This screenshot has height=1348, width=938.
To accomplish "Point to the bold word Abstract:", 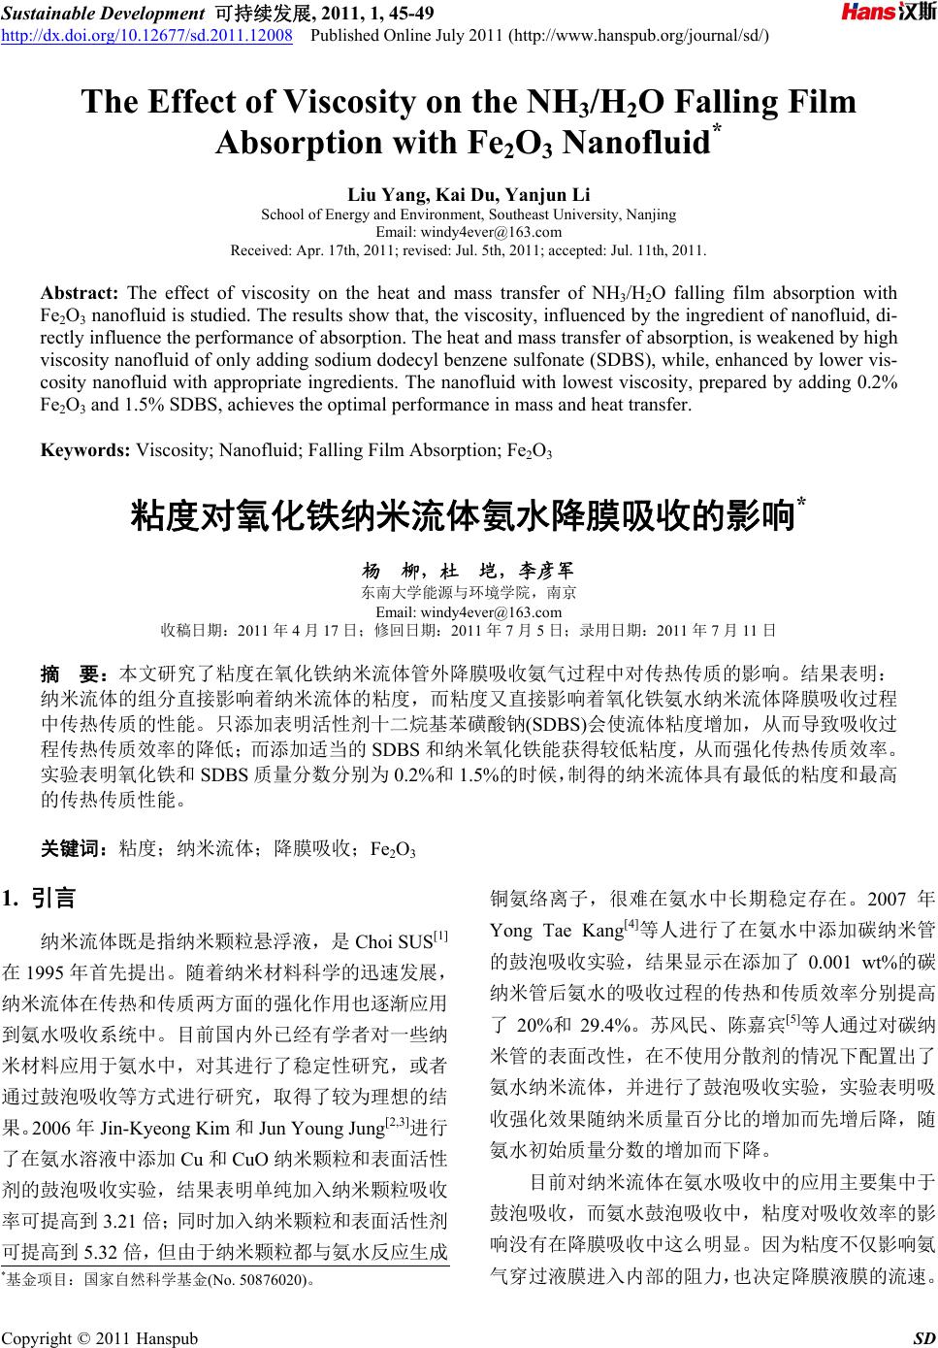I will (x=79, y=292).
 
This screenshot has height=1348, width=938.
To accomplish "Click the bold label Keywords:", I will (x=85, y=450).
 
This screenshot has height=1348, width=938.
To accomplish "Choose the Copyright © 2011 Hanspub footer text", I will (x=100, y=1339).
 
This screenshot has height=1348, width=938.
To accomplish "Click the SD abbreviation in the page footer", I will (x=923, y=1339).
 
